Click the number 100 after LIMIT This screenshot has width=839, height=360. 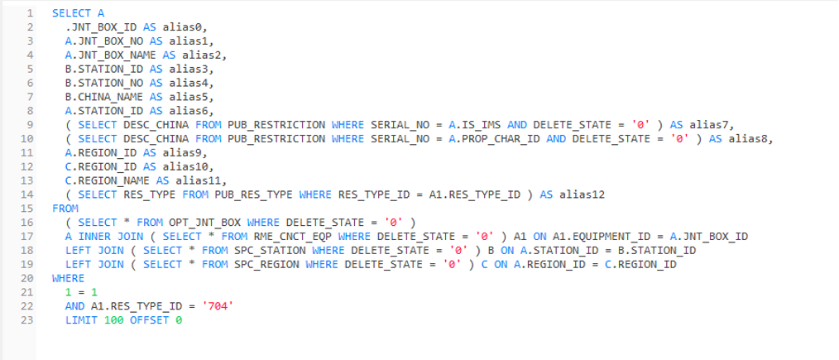(x=113, y=320)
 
